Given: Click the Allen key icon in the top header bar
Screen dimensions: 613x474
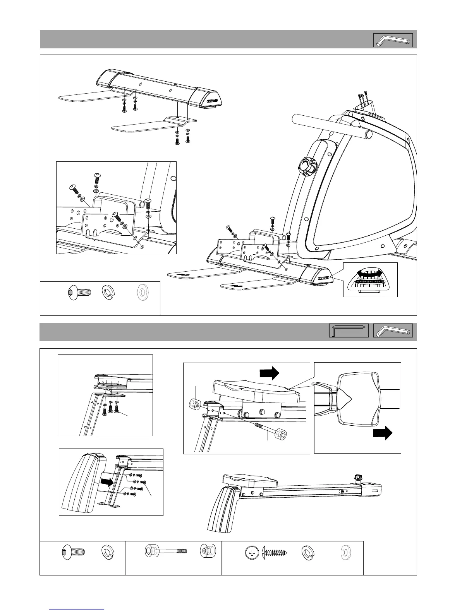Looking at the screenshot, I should point(393,40).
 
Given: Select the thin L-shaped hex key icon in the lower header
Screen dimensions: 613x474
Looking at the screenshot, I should point(349,331).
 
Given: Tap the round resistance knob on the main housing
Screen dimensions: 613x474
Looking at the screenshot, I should point(306,167).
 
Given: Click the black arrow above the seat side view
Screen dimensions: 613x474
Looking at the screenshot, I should point(269,373).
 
